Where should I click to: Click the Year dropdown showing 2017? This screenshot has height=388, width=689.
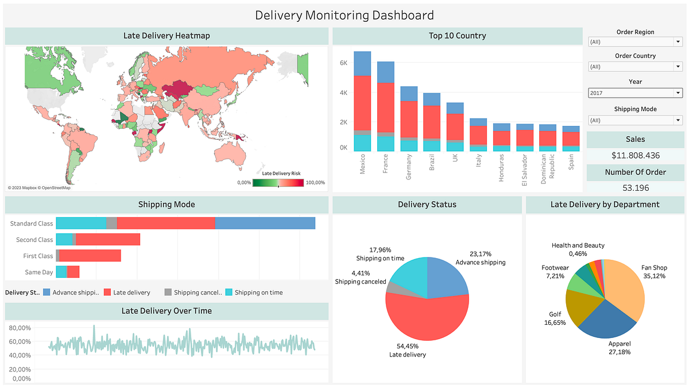(x=635, y=93)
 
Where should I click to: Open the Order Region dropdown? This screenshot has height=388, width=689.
(x=635, y=42)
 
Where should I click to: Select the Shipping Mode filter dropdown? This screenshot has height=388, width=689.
(x=635, y=120)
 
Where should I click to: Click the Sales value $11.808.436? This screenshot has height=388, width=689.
(x=635, y=155)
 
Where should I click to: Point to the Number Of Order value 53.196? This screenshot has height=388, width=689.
(x=635, y=187)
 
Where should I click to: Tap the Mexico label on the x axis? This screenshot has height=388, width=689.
(x=362, y=164)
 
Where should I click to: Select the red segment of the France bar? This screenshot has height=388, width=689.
(x=386, y=107)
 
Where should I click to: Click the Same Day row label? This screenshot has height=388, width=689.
(x=39, y=272)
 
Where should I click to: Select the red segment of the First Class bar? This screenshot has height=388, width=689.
(x=90, y=256)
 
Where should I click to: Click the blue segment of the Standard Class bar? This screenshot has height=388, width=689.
(x=265, y=224)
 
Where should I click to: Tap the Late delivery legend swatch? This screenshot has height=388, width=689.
(x=107, y=293)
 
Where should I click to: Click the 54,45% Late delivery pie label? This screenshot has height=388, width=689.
(x=407, y=351)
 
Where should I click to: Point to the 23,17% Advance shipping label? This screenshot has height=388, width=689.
(x=480, y=258)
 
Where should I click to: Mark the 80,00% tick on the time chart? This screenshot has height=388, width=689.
(x=20, y=328)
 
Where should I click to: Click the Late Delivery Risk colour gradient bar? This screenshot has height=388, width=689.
(x=278, y=183)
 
